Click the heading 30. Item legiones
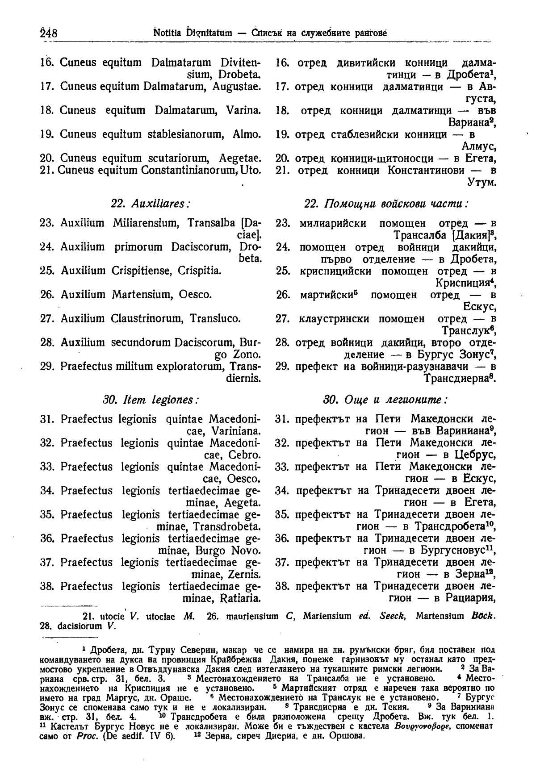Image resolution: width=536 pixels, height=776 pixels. (x=151, y=399)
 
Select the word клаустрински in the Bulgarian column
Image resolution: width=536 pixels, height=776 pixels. (x=334, y=319)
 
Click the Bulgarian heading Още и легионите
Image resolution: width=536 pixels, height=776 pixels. (x=386, y=399)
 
